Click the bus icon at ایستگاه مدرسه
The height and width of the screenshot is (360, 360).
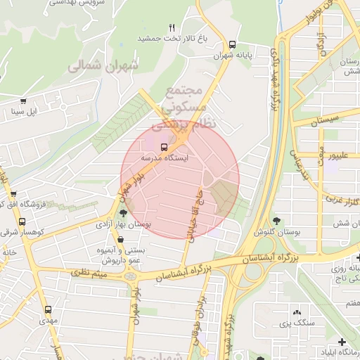click(164, 147)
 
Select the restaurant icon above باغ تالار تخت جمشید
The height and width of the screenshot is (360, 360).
click(171, 27)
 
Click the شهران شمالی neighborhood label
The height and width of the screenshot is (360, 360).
click(94, 65)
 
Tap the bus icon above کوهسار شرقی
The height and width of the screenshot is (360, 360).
click(13, 194)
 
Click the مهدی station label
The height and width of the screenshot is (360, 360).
click(49, 320)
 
